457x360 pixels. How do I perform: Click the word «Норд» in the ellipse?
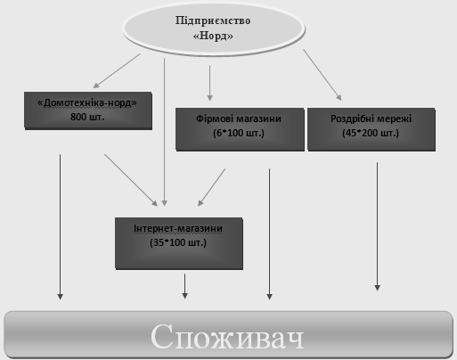point(213,36)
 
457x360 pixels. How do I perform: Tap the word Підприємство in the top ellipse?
point(213,20)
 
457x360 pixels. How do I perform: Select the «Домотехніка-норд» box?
point(88,110)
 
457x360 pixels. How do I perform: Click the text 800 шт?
point(87,117)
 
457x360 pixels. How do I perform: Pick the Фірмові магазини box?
point(240,129)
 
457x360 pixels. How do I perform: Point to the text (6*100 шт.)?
point(239,133)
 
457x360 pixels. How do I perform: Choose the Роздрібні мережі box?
point(371,129)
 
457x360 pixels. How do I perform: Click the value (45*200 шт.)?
point(371,133)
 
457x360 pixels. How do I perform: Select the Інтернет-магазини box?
point(179,243)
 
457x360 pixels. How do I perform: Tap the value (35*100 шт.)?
point(178,242)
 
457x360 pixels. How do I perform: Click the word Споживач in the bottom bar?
point(227,337)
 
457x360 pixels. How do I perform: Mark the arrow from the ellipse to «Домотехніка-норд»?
point(117,71)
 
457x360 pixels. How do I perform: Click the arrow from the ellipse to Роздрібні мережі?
point(322,75)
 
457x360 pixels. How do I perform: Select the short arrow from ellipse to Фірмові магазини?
point(210,83)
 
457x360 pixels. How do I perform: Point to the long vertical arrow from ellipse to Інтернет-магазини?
point(165,132)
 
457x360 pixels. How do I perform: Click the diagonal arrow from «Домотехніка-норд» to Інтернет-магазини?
point(131,180)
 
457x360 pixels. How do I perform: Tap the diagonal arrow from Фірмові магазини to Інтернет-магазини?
point(212,187)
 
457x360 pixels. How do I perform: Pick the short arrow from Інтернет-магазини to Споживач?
point(184,286)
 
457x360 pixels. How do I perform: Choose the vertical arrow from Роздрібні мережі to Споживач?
point(378,226)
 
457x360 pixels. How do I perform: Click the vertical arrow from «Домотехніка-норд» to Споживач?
point(61,227)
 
